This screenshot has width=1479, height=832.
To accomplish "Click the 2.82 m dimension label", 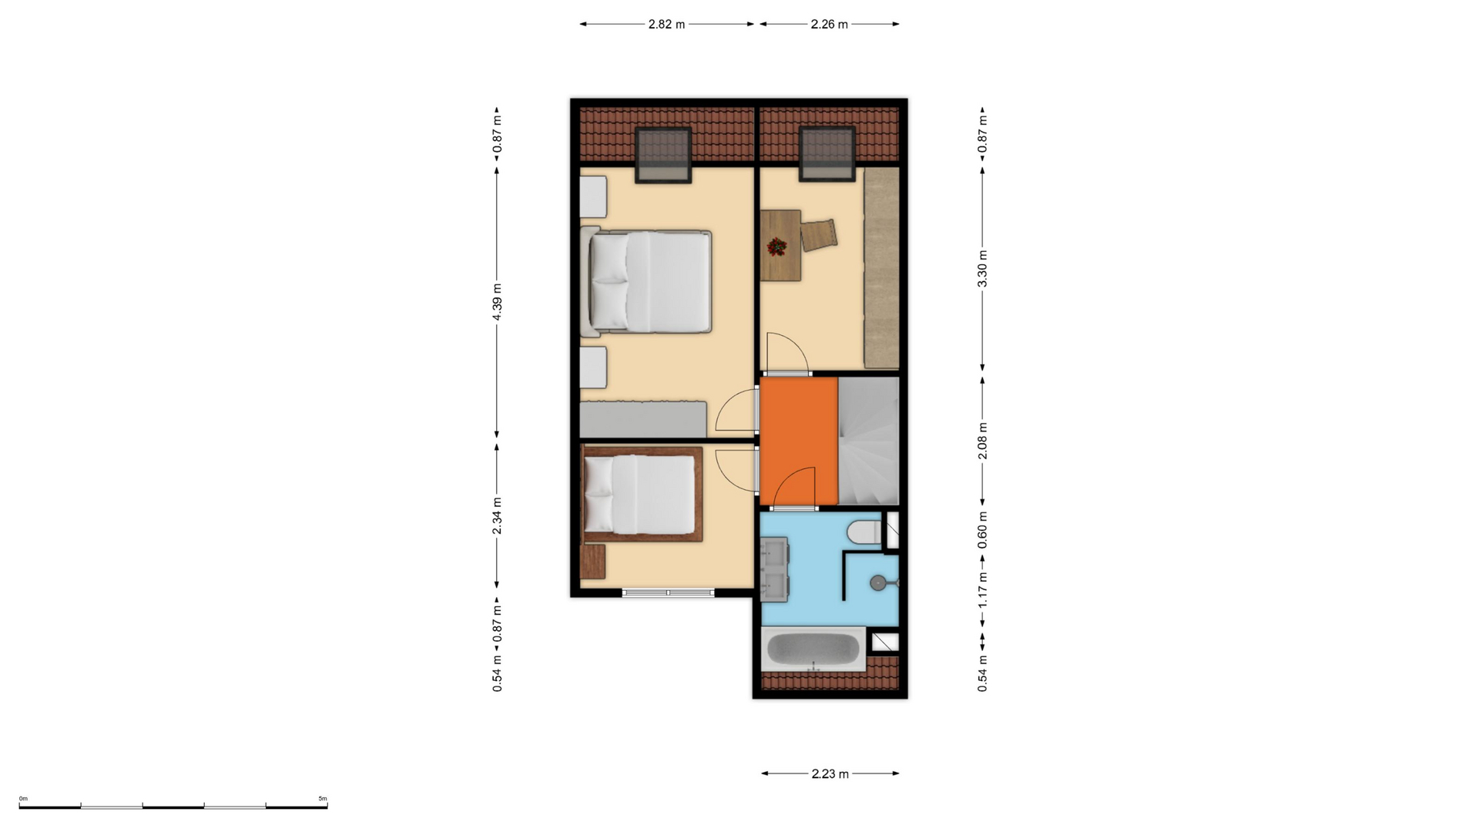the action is tap(666, 24).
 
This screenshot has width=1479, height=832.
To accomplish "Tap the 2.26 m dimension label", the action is tap(829, 24).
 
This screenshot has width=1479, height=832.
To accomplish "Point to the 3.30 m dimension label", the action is tap(982, 269).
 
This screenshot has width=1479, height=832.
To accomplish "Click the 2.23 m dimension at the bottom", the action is tap(830, 773).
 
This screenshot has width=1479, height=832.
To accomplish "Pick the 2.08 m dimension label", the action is tap(982, 441).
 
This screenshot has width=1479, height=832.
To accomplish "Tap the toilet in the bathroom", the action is tap(864, 532).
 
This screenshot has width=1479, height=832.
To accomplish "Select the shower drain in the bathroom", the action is tap(878, 583).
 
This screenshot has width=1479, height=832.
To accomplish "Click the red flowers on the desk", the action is tap(776, 247).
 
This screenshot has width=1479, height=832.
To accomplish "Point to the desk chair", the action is tap(818, 235).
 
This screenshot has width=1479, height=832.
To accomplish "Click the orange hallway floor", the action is tap(799, 441).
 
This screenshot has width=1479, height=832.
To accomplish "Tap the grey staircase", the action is tap(868, 441).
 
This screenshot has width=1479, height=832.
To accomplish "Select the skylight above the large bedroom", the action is tap(662, 155).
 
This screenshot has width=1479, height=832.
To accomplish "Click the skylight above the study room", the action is tap(827, 154).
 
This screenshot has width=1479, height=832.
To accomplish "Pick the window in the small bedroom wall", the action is tap(668, 592).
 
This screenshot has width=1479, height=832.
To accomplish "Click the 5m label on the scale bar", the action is tap(323, 799).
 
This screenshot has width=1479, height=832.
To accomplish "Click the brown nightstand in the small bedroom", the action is tap(592, 561).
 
